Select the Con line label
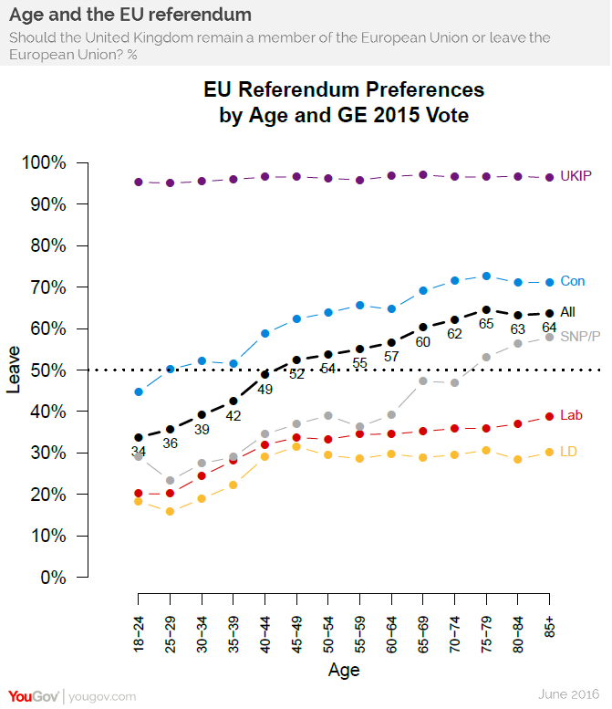[x=572, y=281]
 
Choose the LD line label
[x=566, y=452]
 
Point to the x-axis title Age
[x=344, y=671]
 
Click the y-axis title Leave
[x=14, y=370]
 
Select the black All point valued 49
[x=265, y=373]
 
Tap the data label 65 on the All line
[x=486, y=324]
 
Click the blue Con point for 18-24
[x=139, y=391]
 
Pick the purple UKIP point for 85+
[x=550, y=177]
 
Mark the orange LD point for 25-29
[x=170, y=511]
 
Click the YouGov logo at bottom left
[x=35, y=696]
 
